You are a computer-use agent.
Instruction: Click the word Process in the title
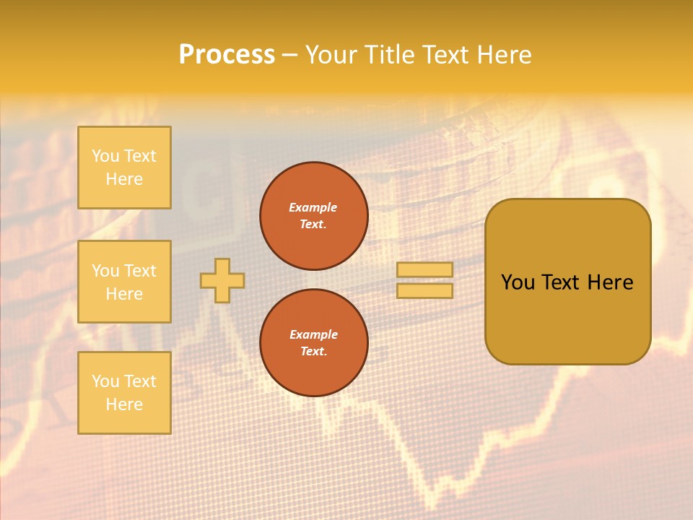(227, 55)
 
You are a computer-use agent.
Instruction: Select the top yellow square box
(124, 168)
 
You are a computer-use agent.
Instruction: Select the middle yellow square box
(124, 282)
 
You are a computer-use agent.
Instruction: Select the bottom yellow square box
(124, 392)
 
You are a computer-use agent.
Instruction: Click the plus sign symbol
(222, 280)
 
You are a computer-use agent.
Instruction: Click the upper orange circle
(314, 216)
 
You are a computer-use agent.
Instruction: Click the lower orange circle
(314, 343)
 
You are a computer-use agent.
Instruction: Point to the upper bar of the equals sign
(424, 269)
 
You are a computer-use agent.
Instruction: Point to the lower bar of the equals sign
(424, 290)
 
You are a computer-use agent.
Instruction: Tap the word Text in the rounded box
(560, 282)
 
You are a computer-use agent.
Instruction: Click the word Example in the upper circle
(313, 207)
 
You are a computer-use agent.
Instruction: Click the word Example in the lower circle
(313, 334)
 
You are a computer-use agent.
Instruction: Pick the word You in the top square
(105, 156)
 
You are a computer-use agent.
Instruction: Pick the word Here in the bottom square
(124, 404)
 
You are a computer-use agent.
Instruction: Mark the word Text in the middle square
(139, 271)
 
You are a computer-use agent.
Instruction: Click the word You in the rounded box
(518, 282)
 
